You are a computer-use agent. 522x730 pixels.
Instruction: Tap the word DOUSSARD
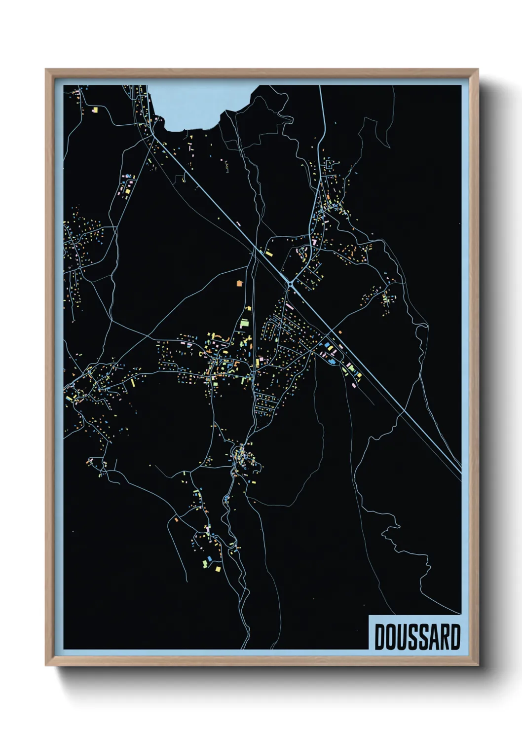pos(417,637)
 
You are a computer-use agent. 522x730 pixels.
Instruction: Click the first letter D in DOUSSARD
pos(381,637)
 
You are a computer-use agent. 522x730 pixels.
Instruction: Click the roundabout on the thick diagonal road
pos(290,283)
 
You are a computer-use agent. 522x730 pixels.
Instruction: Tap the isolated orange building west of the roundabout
pos(240,283)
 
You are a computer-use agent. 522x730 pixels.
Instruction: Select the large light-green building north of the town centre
pos(244,324)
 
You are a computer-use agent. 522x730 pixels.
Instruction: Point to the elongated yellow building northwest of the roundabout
pos(269,254)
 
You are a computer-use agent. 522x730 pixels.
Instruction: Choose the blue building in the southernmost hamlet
pos(209,559)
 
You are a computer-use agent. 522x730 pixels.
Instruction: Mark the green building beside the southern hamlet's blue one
pos(204,561)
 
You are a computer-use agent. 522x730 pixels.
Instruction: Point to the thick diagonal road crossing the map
pos(375,375)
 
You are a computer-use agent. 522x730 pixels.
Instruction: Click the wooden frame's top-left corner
pos(46,70)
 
